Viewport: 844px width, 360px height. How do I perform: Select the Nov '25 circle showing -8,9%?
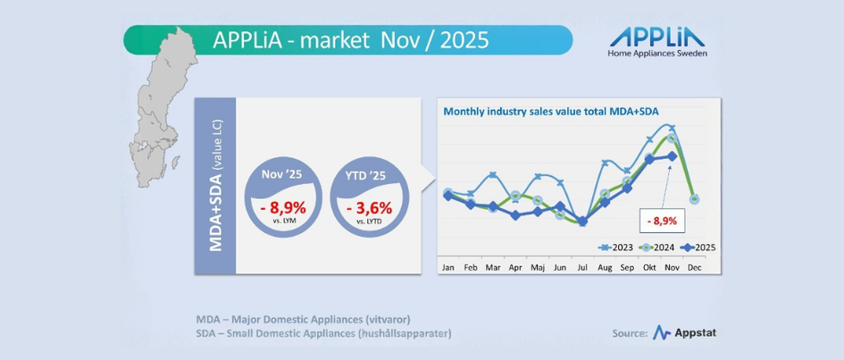[x=283, y=200]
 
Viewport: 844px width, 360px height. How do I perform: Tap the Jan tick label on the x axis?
[x=448, y=267]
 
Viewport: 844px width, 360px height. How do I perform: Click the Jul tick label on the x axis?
[x=582, y=267]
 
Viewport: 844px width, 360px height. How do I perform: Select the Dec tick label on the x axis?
[x=694, y=267]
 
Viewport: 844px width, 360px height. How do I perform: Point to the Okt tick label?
[x=649, y=267]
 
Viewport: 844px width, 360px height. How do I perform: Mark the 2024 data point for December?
[x=694, y=199]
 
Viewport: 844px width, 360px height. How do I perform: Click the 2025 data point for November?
[x=672, y=155]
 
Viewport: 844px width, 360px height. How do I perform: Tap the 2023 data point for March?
[x=493, y=175]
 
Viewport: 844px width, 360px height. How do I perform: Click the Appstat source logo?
[x=685, y=333]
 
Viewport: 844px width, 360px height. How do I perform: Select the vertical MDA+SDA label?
[x=216, y=186]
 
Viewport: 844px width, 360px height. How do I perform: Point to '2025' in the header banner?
[x=463, y=40]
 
